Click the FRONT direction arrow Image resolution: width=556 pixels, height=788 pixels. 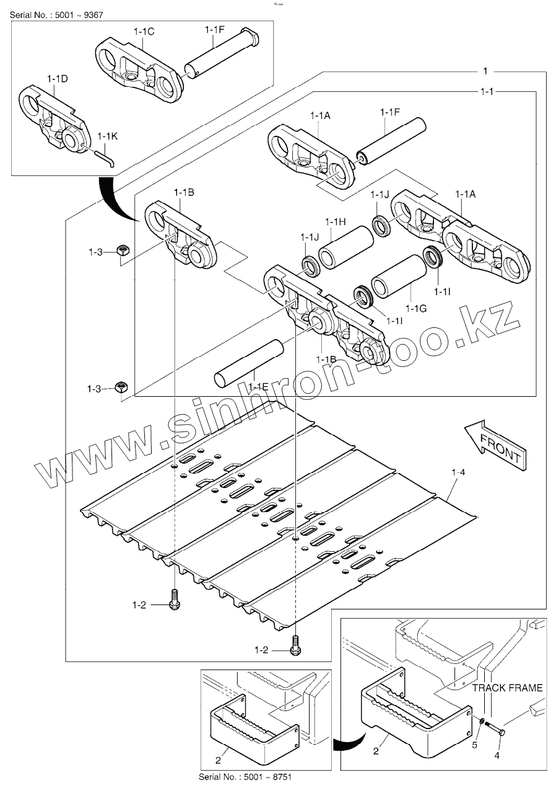495,445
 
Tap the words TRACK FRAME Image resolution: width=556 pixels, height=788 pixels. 507,688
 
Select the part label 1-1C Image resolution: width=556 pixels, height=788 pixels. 143,30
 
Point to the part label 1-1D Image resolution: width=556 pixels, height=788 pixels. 57,79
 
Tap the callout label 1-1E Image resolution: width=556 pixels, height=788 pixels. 258,387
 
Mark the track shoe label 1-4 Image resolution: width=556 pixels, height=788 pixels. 458,473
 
